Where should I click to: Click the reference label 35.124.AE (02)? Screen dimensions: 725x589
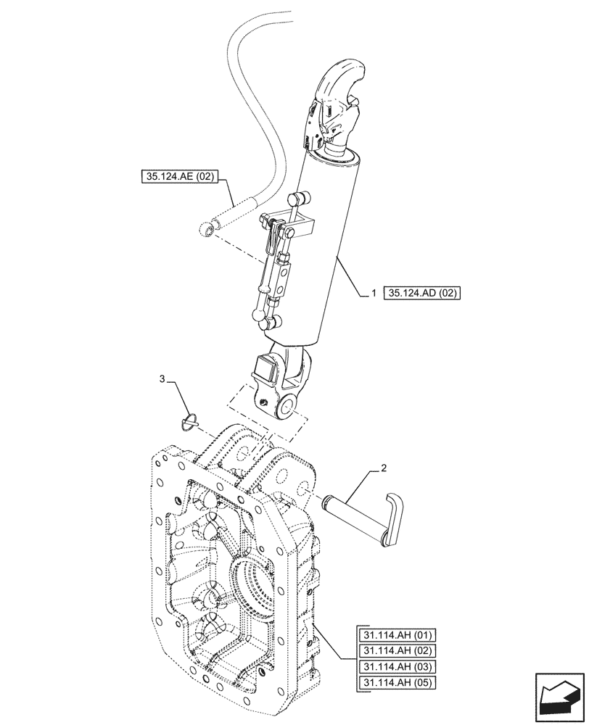coord(176,175)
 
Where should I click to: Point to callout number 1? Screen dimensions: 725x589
coord(374,293)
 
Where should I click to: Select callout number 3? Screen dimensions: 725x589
coord(163,378)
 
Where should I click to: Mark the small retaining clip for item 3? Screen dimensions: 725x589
coord(191,420)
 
